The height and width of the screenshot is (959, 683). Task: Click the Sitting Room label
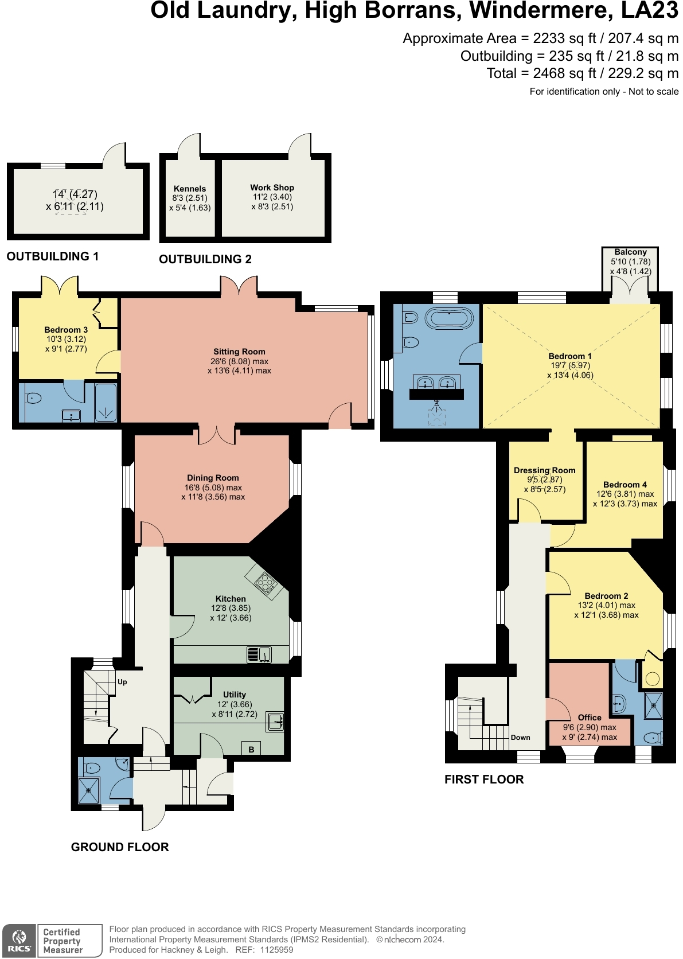[x=239, y=352]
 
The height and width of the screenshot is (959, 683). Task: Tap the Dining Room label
[x=213, y=478]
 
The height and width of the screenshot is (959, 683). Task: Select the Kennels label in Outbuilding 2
[x=190, y=189]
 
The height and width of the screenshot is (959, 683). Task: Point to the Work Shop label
[x=272, y=188]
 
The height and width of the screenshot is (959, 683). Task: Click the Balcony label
[x=630, y=252]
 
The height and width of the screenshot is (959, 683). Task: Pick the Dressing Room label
[x=544, y=470]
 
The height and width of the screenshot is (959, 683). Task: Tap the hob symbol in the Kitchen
[x=265, y=583]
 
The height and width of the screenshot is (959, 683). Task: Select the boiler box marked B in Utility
[x=251, y=749]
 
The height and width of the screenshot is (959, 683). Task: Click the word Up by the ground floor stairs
[x=122, y=682]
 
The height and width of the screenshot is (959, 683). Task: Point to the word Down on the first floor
[x=520, y=738]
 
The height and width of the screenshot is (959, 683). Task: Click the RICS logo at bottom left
[x=19, y=941]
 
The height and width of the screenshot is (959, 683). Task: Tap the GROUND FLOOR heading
[x=120, y=847]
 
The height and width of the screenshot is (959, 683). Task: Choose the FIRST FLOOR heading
[x=484, y=779]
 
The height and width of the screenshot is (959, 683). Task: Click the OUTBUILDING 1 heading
[x=53, y=256]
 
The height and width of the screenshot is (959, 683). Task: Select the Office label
[x=590, y=718]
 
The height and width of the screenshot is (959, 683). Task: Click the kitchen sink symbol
[x=259, y=654]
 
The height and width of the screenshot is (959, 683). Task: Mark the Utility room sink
[x=275, y=722]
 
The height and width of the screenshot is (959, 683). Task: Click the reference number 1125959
[x=276, y=950]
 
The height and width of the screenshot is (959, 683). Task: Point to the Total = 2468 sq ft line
[x=582, y=73]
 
